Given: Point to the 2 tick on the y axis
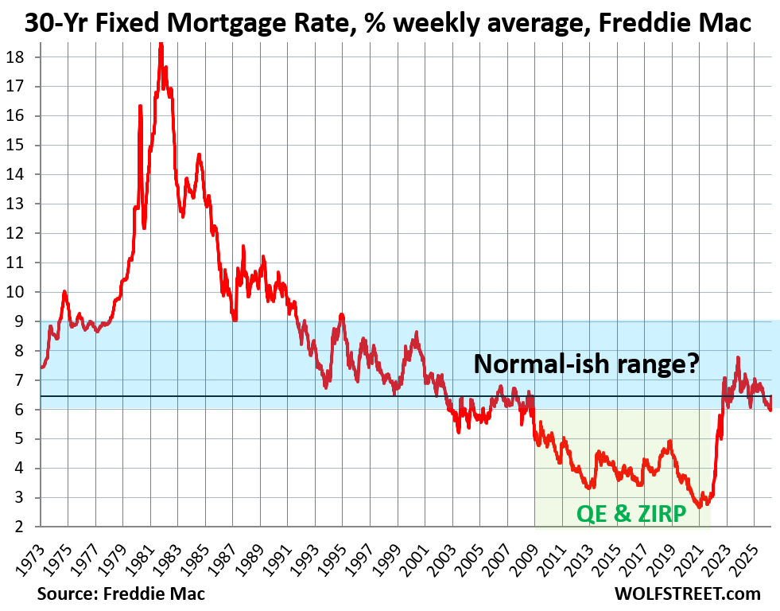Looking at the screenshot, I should (25, 527).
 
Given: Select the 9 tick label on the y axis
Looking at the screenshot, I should (25, 321).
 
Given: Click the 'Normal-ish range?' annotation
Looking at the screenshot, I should (587, 364).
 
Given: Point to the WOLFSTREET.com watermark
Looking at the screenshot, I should (687, 593).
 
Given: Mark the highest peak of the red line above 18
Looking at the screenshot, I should (161, 45).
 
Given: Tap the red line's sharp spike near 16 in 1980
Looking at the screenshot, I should (140, 106).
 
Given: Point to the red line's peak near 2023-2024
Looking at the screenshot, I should (738, 358).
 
